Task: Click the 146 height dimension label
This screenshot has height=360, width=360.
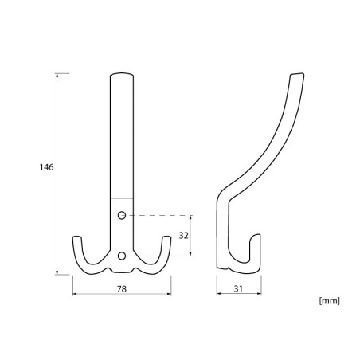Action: click(x=46, y=167)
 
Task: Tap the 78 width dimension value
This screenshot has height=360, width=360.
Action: click(x=122, y=289)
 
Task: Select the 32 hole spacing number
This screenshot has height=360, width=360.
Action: click(x=183, y=236)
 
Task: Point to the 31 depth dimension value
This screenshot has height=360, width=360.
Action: click(x=238, y=289)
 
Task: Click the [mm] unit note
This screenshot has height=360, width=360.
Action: click(x=329, y=301)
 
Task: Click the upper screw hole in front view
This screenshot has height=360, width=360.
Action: click(x=122, y=215)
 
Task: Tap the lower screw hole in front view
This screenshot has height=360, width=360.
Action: click(x=122, y=256)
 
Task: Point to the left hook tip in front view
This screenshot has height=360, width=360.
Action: click(x=76, y=237)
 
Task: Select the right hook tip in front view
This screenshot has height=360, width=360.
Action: click(x=166, y=237)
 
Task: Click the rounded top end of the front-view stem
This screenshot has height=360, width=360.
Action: click(x=122, y=73)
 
